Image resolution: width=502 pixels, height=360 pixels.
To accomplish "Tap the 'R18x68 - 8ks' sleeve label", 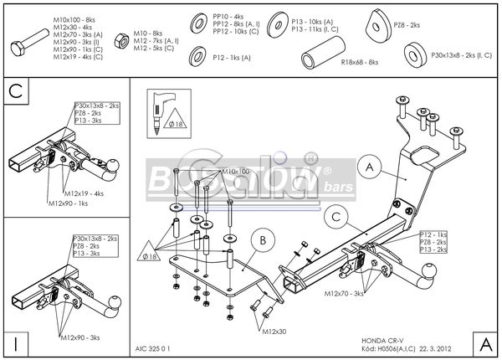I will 361,62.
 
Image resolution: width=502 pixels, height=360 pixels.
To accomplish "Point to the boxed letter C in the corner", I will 15,90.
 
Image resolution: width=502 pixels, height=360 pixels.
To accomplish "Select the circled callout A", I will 369,167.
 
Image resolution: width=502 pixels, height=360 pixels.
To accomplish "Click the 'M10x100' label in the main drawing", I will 236,172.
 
